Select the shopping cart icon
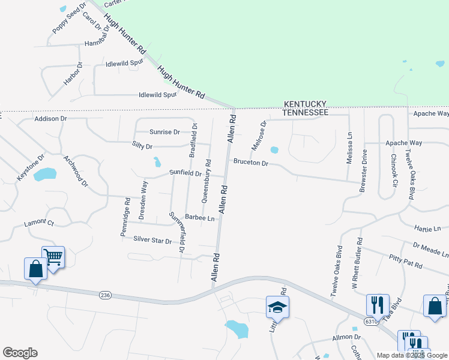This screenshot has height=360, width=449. pos(53,257)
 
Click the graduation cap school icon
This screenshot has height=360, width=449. pos(277,307)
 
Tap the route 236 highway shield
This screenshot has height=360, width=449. pos(106,295)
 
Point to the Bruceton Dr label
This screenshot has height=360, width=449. pos(250,163)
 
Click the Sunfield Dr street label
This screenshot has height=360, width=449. pos(185,173)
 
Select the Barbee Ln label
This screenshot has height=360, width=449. pos(200,218)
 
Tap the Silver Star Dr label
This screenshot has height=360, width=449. pos(152,240)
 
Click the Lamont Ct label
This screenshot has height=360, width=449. pos(38,223)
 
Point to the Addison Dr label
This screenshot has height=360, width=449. pos(50,119)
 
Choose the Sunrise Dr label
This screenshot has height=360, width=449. pos(164,131)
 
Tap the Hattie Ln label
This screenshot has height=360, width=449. pos(427,229)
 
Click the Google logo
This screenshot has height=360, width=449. pos(20,353)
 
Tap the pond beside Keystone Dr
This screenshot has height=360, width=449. pos(45,175)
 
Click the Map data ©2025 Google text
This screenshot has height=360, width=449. pos(412,355)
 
